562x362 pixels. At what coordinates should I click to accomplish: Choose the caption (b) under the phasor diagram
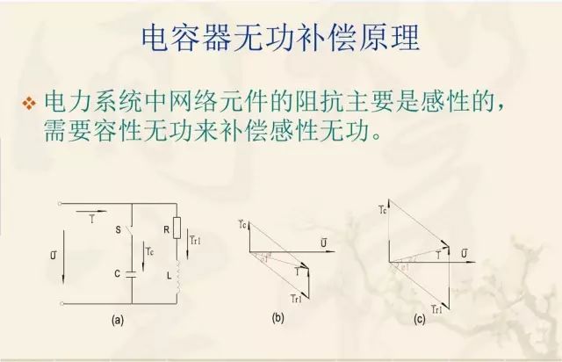[278, 317]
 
